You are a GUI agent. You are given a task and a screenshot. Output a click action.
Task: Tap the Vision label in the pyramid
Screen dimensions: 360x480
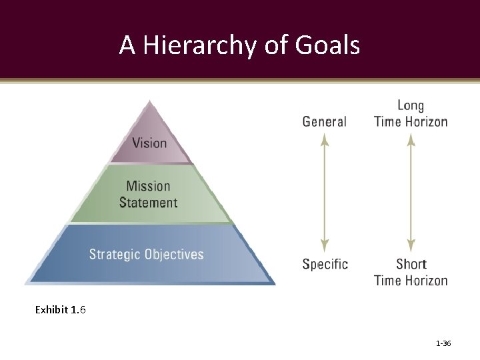pos(149,143)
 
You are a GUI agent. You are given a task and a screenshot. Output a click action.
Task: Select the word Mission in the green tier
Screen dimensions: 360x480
pos(148,186)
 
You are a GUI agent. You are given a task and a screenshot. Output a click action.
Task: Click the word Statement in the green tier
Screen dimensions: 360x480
pos(148,202)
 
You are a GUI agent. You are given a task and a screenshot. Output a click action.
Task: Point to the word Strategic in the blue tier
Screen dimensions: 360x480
pos(114,254)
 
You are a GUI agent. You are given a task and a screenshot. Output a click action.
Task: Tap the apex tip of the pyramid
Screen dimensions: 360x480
pos(150,102)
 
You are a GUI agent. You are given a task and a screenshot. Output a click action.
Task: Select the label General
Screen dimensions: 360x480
pos(324,121)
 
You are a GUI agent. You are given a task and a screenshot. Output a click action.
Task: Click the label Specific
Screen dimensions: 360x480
pos(325,264)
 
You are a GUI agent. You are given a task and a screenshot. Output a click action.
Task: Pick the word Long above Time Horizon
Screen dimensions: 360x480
pos(411,105)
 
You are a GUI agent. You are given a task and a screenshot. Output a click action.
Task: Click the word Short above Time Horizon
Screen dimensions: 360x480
pos(411,264)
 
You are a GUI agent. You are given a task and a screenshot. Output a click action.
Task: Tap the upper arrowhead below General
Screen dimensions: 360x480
pos(324,139)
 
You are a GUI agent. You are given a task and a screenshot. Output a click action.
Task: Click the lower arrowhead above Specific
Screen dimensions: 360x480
pos(324,245)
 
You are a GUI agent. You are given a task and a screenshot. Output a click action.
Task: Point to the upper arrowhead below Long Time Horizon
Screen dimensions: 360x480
pos(411,139)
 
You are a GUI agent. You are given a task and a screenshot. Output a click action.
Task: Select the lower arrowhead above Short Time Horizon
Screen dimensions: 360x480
pos(411,245)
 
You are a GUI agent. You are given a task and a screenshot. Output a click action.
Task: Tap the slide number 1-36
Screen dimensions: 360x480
pos(443,343)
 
